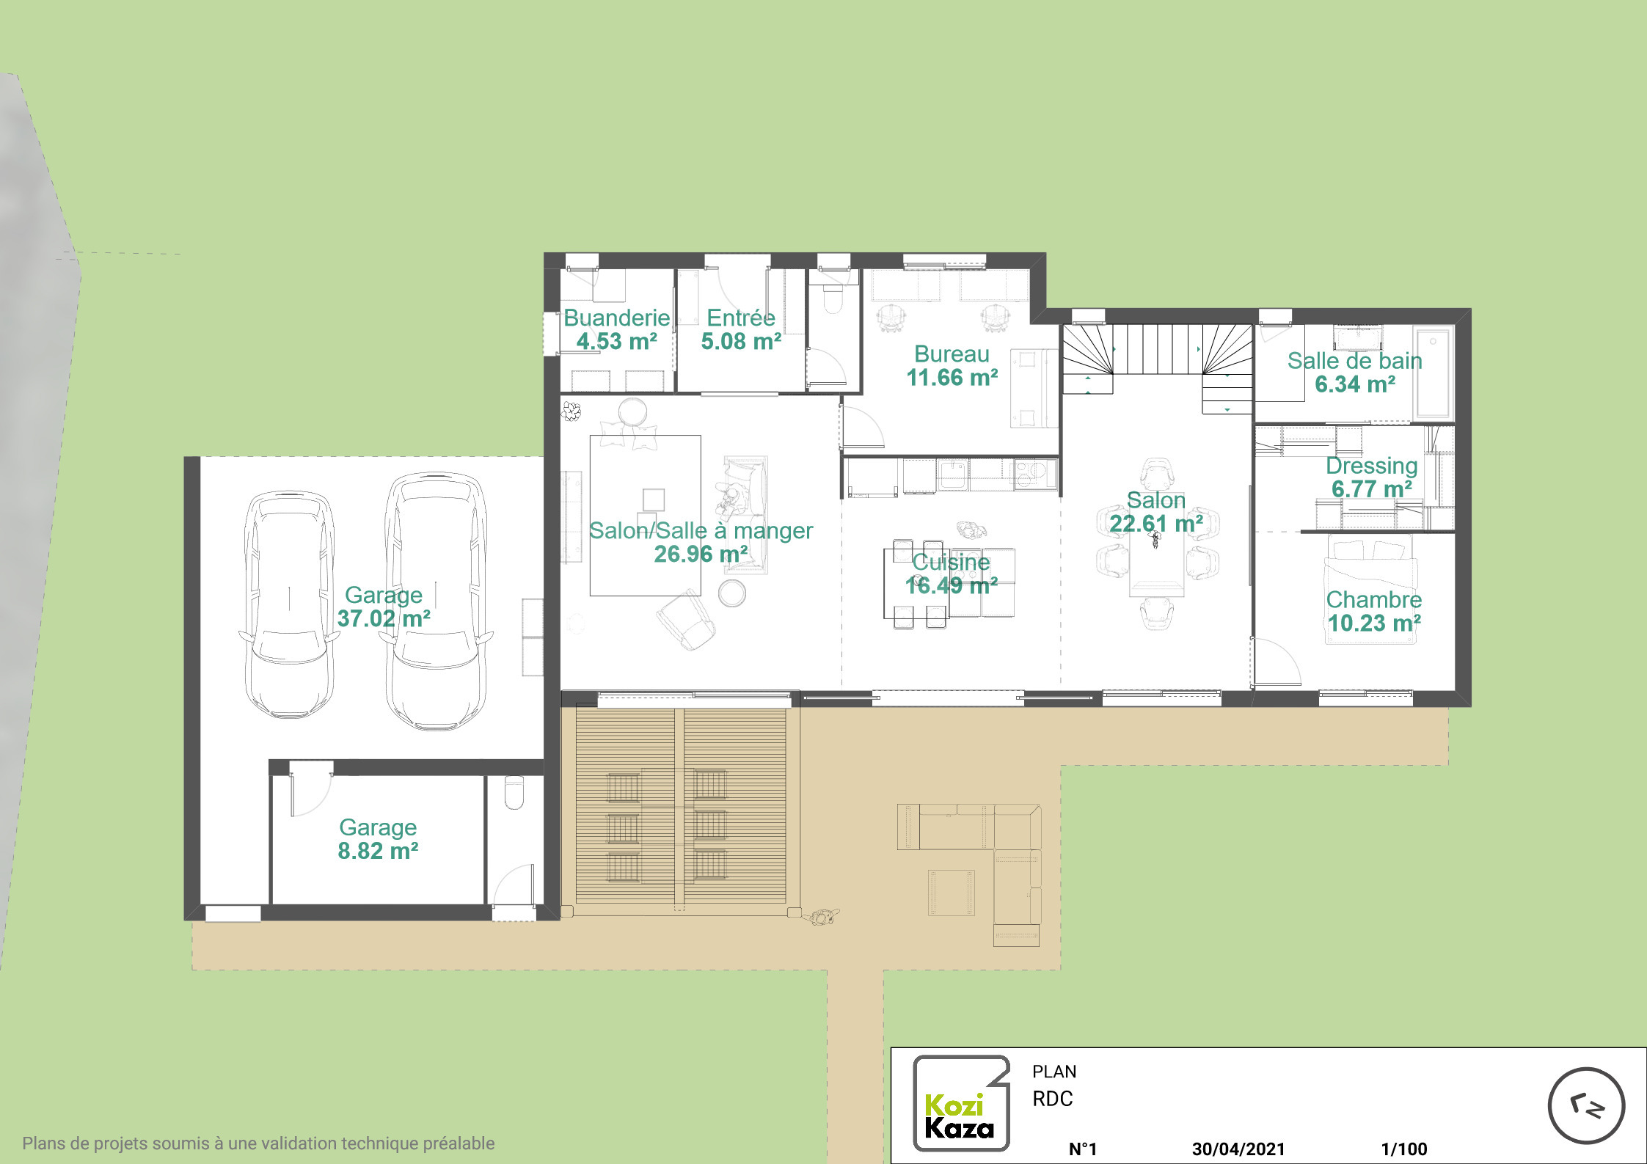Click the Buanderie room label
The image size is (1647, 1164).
tap(616, 318)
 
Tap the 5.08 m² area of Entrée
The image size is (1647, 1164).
tap(741, 341)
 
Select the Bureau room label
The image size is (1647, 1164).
tap(952, 354)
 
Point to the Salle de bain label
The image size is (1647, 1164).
tap(1354, 361)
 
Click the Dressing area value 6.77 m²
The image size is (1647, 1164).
tap(1372, 488)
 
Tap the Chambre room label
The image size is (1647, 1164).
tap(1373, 600)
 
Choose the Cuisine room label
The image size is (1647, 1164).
tap(951, 562)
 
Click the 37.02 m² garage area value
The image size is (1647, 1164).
tap(384, 618)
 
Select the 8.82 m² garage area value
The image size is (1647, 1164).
tap(378, 851)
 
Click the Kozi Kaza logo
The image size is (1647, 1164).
tap(960, 1102)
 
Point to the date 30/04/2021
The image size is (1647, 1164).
tap(1238, 1149)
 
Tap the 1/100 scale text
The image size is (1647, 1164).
tap(1404, 1149)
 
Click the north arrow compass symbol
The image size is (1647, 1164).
tap(1586, 1105)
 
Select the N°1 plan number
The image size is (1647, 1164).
tap(1083, 1149)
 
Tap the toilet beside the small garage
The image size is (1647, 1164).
tap(514, 792)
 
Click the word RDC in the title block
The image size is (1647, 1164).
tap(1053, 1099)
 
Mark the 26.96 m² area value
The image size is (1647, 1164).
tap(701, 554)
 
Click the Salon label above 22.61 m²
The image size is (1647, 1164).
tap(1156, 500)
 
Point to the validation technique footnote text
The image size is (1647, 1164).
tap(258, 1143)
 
